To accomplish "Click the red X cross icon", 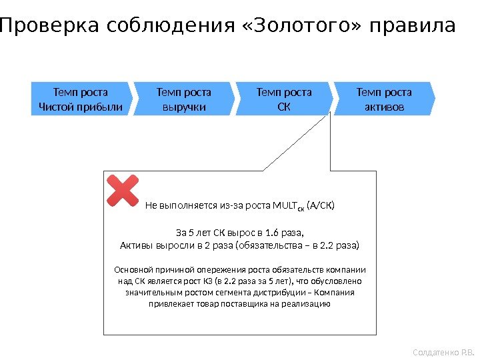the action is click(123, 191).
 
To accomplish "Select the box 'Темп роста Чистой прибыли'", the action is click(81, 99).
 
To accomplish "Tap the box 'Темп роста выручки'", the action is click(183, 99).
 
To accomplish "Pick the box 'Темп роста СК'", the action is click(284, 99).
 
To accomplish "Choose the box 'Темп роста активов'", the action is click(384, 99).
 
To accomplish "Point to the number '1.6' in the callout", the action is click(273, 233).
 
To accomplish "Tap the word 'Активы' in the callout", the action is click(133, 245).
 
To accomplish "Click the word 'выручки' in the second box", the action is click(183, 107).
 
